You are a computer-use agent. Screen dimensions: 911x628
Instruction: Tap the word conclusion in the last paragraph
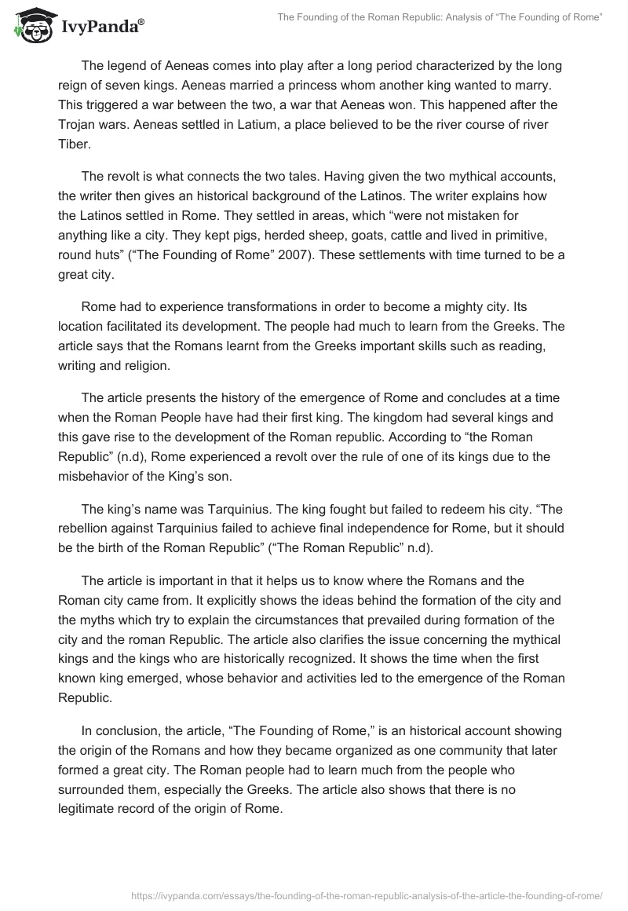(x=124, y=730)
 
